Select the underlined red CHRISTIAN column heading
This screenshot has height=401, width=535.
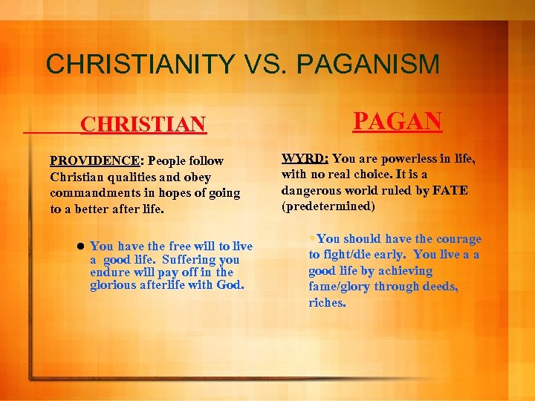pyautogui.click(x=143, y=123)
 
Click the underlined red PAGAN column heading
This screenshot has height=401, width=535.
pyautogui.click(x=398, y=120)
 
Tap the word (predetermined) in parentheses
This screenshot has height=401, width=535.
pyautogui.click(x=328, y=206)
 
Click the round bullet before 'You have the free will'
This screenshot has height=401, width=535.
pyautogui.click(x=79, y=246)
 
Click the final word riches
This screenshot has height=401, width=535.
pyautogui.click(x=327, y=303)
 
